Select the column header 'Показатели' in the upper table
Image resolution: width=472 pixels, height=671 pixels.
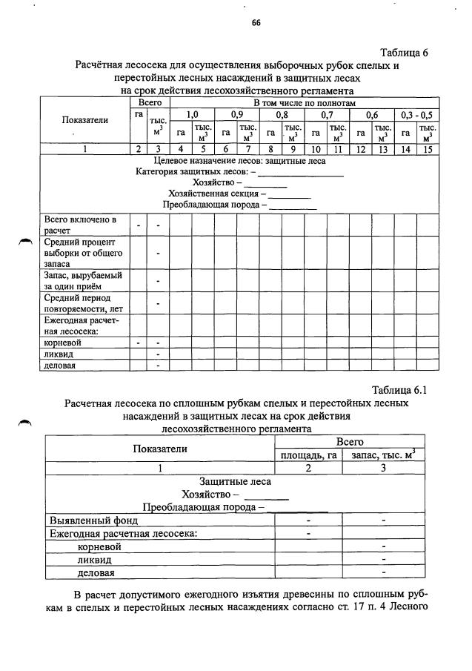pos(84,119)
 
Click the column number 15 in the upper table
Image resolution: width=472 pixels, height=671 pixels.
pos(427,149)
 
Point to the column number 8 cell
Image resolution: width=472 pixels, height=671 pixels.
pos(270,149)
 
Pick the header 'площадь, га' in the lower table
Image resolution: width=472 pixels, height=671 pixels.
pos(308,455)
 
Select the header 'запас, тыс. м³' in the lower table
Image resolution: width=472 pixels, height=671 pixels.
pos(384,455)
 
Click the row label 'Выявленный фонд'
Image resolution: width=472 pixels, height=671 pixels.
pos(93,520)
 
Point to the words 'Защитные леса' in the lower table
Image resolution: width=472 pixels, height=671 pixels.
pos(234,482)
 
